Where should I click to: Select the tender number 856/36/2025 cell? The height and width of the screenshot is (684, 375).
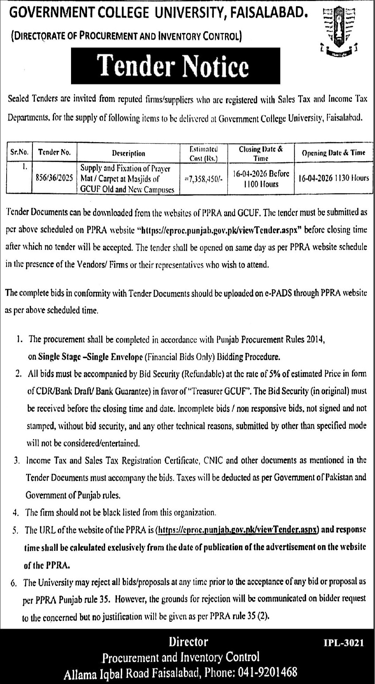(x=54, y=178)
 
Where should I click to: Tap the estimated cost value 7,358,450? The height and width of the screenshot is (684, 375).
(x=204, y=178)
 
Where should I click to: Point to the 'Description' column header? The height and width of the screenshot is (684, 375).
(x=128, y=153)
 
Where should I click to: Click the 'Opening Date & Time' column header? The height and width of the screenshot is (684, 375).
(x=333, y=153)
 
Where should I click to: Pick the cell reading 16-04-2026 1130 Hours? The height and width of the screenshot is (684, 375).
(x=333, y=178)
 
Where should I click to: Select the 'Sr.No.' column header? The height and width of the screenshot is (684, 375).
(x=19, y=152)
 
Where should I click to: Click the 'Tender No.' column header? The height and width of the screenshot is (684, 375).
(x=54, y=152)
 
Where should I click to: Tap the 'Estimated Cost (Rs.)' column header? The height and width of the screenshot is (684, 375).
(x=204, y=153)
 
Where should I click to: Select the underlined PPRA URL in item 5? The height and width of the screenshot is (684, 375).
(x=238, y=530)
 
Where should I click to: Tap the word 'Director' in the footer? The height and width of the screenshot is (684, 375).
(x=188, y=642)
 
